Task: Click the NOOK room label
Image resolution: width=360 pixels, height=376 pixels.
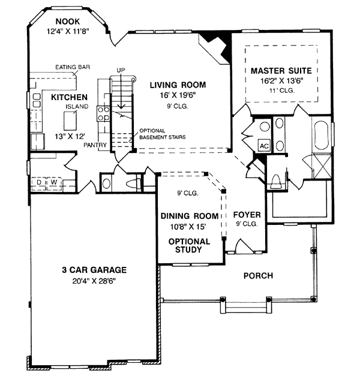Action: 68,22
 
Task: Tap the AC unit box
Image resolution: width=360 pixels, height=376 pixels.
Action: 264,146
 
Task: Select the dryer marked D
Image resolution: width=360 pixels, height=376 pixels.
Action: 39,183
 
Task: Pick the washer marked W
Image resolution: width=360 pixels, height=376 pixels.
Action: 54,183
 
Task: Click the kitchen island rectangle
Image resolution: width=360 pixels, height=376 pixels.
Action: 70,121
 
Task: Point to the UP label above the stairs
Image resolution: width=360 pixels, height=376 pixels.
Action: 121,70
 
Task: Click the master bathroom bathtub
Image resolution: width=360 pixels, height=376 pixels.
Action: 321,136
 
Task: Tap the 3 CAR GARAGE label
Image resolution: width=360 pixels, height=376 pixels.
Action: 94,270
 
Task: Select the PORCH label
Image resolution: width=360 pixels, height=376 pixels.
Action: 259,276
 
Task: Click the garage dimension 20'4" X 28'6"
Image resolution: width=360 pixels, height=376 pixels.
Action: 94,281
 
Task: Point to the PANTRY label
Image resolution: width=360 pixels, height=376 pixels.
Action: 95,145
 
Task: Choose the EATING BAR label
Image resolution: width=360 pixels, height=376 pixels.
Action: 73,67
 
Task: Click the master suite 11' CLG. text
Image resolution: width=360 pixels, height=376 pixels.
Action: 282,91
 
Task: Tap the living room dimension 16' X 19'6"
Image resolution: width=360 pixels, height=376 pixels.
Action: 178,95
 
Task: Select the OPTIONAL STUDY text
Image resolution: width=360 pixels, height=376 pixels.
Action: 189,245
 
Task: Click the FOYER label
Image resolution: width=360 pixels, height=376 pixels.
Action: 247,215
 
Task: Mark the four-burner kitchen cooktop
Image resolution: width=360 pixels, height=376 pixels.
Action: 103,114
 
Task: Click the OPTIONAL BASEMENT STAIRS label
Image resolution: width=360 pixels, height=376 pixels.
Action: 163,134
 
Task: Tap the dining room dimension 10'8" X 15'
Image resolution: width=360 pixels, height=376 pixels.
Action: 188,227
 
